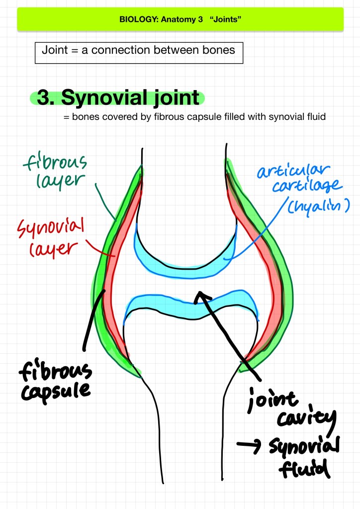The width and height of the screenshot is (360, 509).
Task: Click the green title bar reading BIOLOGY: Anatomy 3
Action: pyautogui.click(x=180, y=20)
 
